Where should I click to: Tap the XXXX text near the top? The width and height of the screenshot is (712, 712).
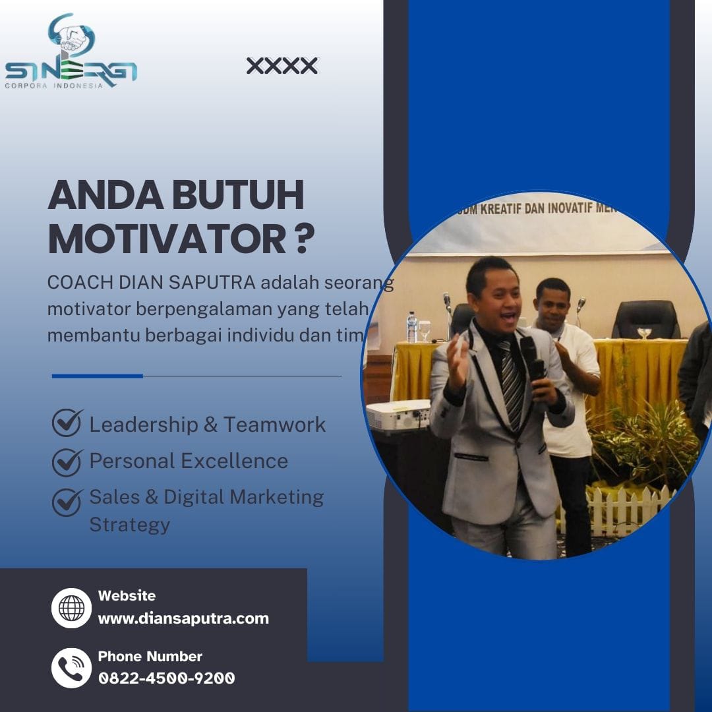click(x=282, y=66)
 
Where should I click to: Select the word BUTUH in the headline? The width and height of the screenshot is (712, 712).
click(x=238, y=194)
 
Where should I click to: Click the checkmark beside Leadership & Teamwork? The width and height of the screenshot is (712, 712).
click(x=68, y=423)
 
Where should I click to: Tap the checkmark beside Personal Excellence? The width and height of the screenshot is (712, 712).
click(x=68, y=462)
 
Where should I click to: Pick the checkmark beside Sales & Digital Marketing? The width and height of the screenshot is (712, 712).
click(x=68, y=502)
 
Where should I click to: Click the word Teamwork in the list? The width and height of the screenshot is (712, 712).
click(x=275, y=425)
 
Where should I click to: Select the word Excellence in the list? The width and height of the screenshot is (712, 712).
click(x=235, y=461)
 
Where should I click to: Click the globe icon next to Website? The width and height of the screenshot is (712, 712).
click(x=71, y=608)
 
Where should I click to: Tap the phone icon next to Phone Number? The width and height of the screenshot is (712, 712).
click(x=71, y=668)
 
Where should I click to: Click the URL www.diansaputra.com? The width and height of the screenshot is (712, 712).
click(x=183, y=618)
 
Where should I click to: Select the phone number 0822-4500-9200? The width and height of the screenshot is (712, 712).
click(x=167, y=678)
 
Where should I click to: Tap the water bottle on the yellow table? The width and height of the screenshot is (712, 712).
click(x=412, y=327)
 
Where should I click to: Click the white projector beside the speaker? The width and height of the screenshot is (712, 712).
click(x=398, y=415)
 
